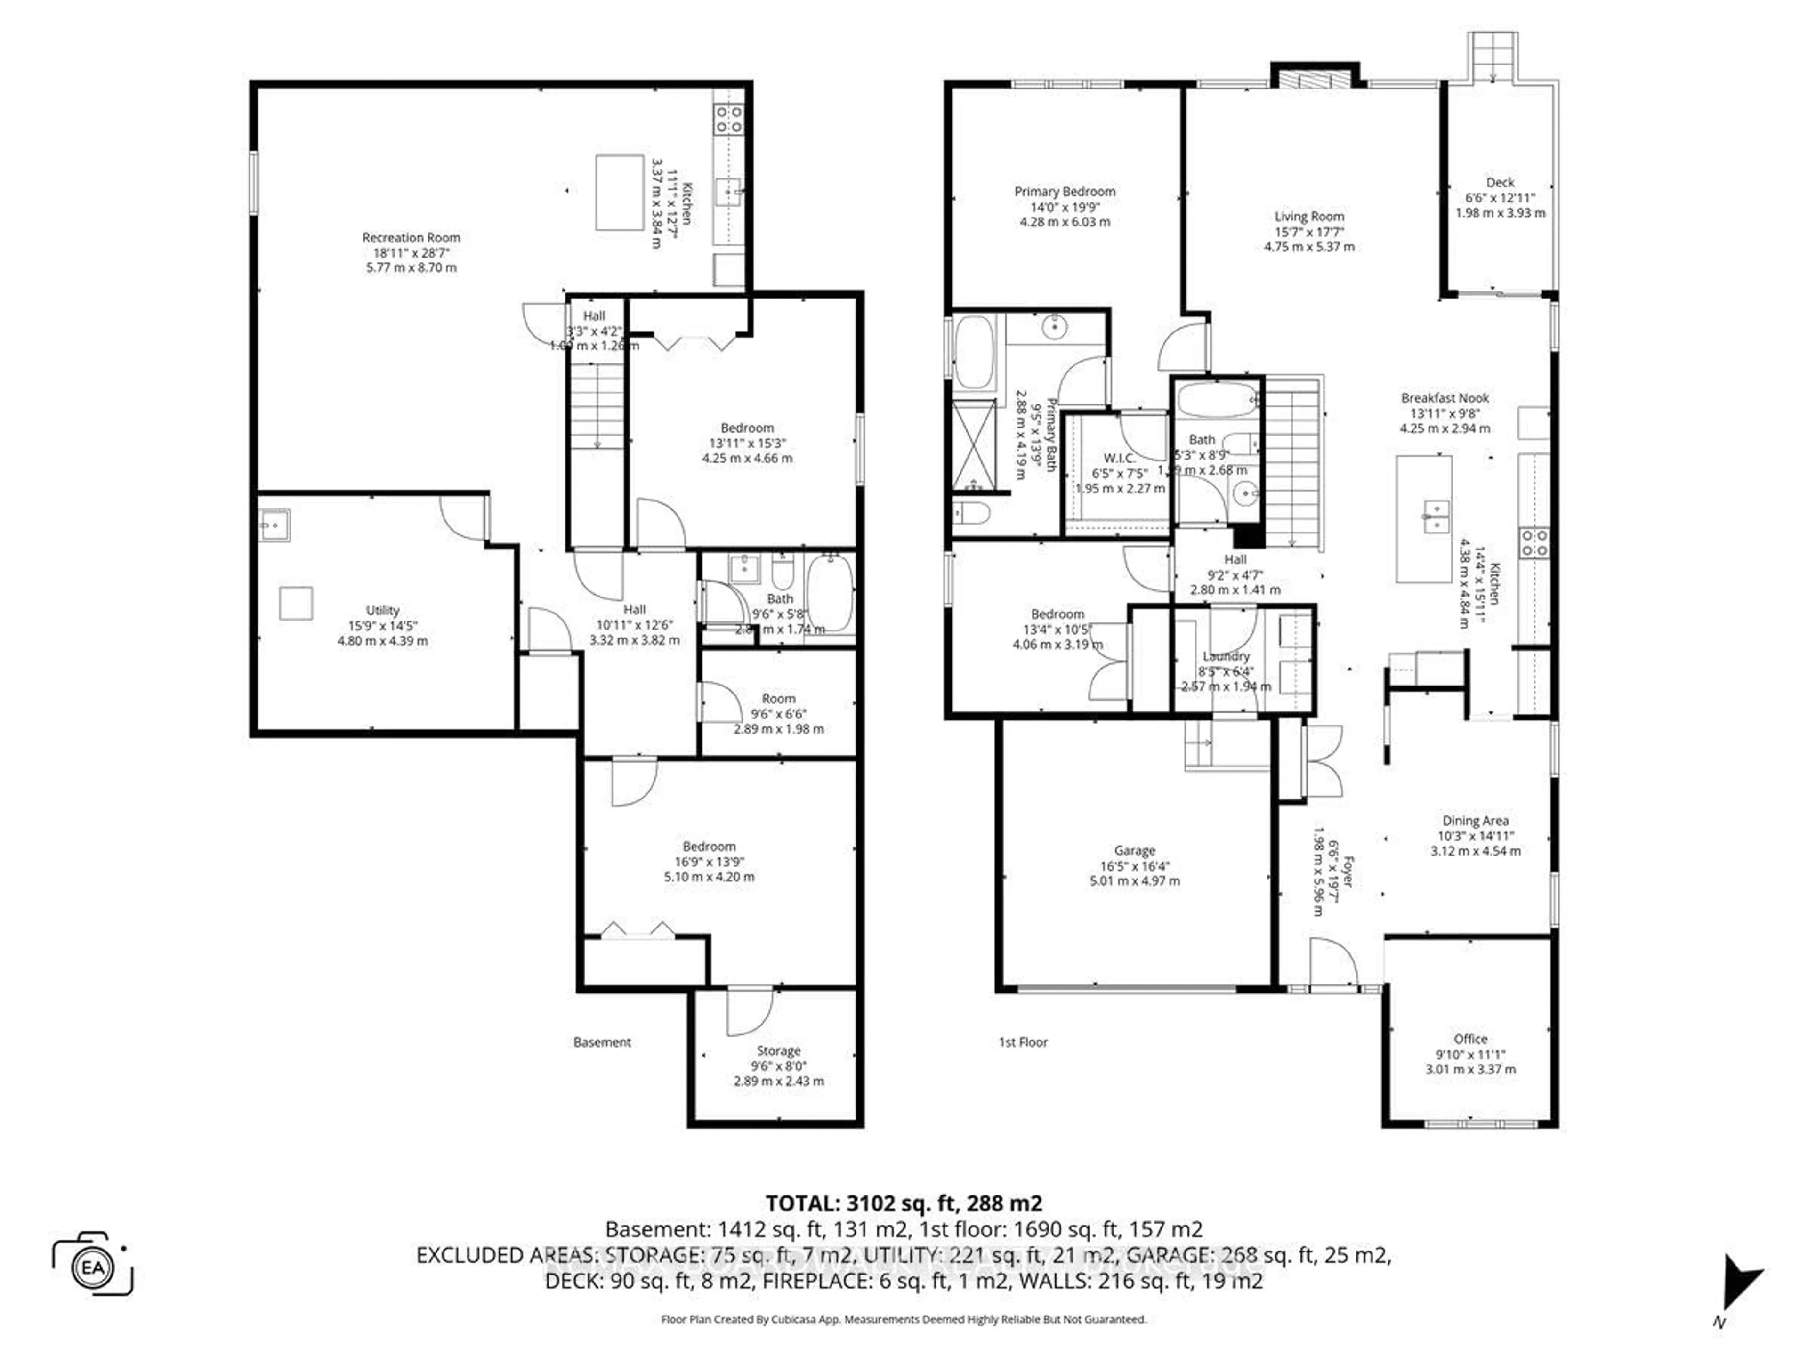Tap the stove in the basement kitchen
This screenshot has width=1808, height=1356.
[728, 119]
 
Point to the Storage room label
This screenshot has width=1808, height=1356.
[778, 1051]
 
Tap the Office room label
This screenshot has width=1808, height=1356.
[1470, 1039]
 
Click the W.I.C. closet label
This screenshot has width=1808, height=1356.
[1119, 458]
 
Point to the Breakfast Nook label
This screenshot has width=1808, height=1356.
[1445, 398]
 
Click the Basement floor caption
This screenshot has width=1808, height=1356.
[602, 1042]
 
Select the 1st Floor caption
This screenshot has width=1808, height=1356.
[1023, 1042]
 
